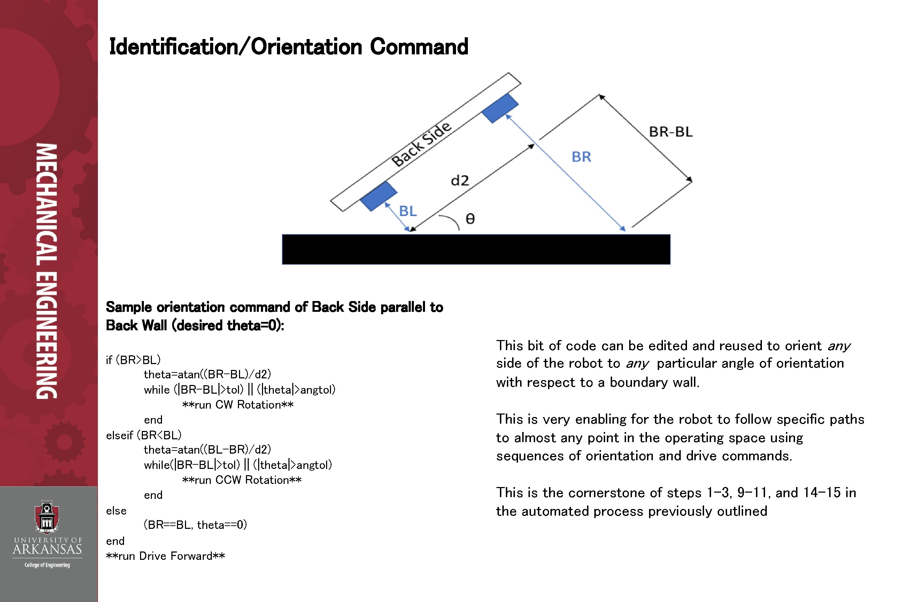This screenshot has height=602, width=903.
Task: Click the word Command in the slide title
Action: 419,47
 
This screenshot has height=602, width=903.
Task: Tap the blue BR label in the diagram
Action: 581,157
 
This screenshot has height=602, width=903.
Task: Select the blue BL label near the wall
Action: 408,211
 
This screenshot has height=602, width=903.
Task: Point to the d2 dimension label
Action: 460,180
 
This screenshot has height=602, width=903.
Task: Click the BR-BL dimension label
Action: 671,132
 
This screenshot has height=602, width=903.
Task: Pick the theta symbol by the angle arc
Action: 470,219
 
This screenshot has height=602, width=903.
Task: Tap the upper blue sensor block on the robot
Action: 500,108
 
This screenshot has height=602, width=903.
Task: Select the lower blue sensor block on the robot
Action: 379,196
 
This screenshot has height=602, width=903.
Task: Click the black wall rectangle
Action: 476,249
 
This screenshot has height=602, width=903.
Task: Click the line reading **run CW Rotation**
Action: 238,405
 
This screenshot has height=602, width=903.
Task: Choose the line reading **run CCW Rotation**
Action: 241,480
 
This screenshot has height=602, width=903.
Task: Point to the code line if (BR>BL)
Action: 133,360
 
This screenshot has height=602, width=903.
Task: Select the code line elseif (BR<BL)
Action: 144,435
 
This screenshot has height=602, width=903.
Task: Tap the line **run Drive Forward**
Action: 165,556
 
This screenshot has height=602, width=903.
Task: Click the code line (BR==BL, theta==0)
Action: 195,525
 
